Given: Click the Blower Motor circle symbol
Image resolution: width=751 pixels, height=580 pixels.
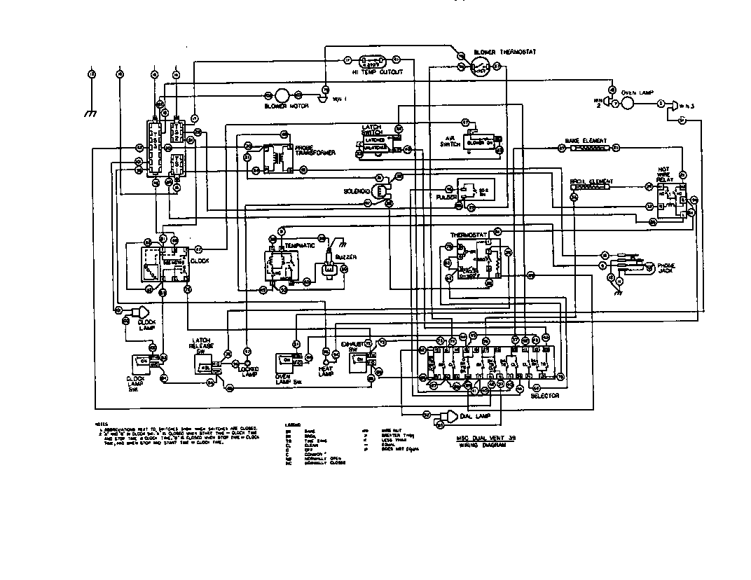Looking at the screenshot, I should pyautogui.click(x=282, y=95).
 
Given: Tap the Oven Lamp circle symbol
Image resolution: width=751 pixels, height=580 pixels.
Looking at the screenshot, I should pyautogui.click(x=628, y=104).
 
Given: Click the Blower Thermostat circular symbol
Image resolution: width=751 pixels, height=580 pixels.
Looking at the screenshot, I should pyautogui.click(x=479, y=67).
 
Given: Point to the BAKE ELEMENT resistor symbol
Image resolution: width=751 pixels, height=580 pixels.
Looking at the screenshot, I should pyautogui.click(x=588, y=148).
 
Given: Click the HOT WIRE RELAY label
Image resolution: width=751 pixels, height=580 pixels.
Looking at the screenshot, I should pyautogui.click(x=664, y=174).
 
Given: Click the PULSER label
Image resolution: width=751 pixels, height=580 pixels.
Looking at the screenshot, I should pyautogui.click(x=446, y=198).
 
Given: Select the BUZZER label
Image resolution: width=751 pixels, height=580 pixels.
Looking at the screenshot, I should pyautogui.click(x=346, y=257).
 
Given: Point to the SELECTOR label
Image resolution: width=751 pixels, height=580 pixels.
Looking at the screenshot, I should pyautogui.click(x=544, y=396).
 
